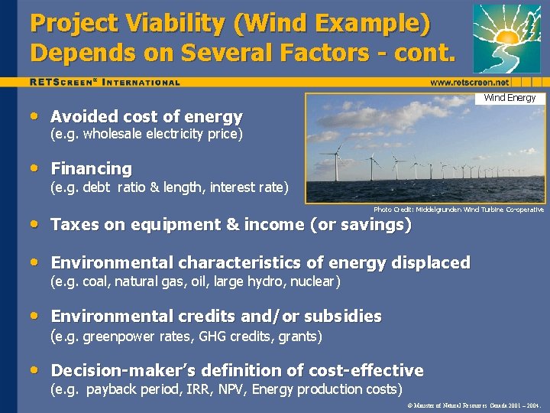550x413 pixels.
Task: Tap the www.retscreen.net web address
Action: click(x=469, y=82)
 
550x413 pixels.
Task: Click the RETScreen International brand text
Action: click(x=105, y=82)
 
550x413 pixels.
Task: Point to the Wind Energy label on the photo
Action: click(x=510, y=98)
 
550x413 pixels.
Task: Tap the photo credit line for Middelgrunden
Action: click(x=458, y=210)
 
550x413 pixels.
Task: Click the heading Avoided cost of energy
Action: click(x=146, y=117)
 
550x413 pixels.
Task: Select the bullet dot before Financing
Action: click(x=36, y=167)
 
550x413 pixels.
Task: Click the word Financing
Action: click(x=91, y=168)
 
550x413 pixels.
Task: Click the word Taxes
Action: click(x=74, y=225)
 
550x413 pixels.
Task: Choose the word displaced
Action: click(x=429, y=263)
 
